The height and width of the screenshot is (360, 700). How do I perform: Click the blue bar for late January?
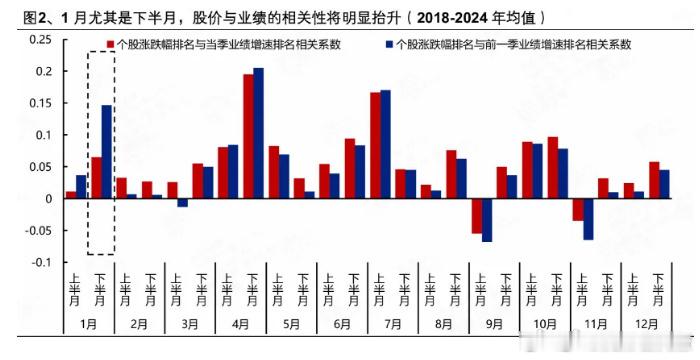[107, 151]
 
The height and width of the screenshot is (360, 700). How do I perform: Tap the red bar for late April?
[248, 136]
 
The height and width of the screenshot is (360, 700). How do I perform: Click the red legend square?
[110, 45]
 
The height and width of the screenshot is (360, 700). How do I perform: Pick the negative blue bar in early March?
[183, 202]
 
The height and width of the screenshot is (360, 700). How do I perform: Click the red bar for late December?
[654, 180]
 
